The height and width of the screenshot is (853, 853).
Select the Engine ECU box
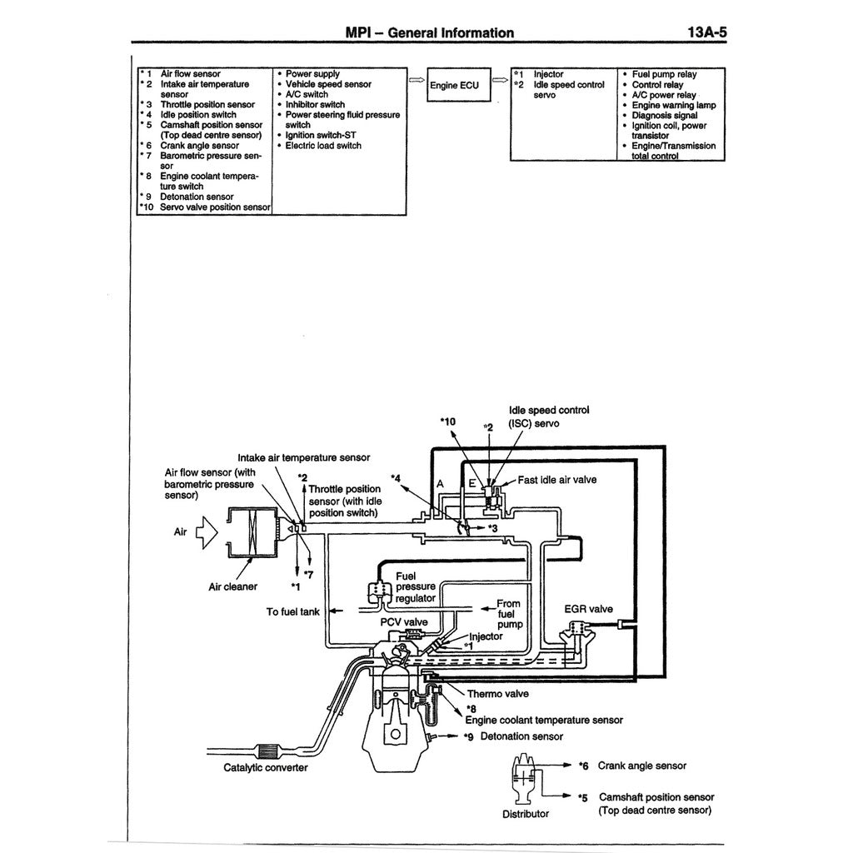[455, 85]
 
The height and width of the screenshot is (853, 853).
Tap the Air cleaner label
[232, 586]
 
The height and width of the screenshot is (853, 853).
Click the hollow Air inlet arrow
[205, 531]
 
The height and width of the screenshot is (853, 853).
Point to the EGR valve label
[588, 610]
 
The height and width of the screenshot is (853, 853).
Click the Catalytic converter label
[266, 767]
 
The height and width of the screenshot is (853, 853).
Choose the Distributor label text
[526, 814]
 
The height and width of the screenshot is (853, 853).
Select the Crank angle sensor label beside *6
[642, 766]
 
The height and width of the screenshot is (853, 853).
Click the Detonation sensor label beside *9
[521, 736]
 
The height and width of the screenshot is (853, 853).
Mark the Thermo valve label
[497, 693]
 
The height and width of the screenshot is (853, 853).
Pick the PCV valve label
[404, 622]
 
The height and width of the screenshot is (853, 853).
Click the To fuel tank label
[293, 612]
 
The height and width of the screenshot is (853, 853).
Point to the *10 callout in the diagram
[448, 422]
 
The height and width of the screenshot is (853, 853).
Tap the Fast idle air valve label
[557, 480]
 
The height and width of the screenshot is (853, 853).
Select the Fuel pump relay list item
[664, 74]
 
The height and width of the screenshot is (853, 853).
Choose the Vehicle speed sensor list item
[328, 84]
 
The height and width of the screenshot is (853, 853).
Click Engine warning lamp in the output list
[674, 105]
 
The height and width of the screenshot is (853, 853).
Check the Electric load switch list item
[323, 145]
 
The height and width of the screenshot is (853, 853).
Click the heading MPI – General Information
[429, 32]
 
